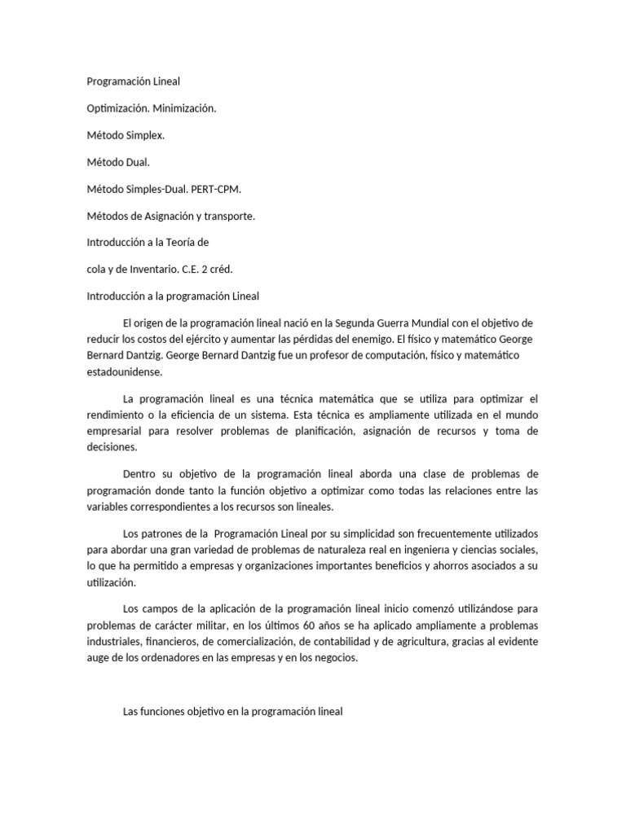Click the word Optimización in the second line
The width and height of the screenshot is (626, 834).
118,108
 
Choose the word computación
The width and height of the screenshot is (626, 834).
339,355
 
